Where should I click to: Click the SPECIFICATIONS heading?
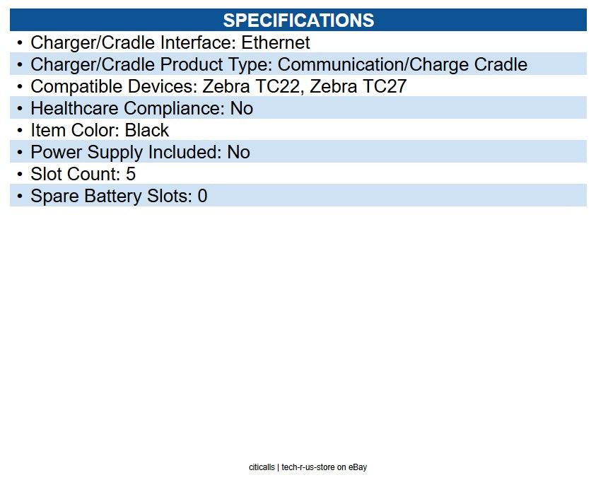coord(298,20)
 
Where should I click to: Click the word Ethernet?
coord(276,42)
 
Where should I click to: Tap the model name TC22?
coord(279,86)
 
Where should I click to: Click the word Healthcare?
coord(75,108)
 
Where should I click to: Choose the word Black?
coord(147,130)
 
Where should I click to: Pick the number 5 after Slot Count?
coord(131,174)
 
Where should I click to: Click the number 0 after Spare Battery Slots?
coord(202,196)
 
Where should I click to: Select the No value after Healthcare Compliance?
coord(241,108)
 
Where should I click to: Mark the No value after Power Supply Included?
coord(238,152)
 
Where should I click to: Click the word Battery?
coord(115,196)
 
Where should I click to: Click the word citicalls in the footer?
coord(262,467)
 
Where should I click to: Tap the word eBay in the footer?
coord(358,467)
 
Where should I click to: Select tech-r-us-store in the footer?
coord(308,467)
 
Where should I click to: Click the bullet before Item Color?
coord(20,130)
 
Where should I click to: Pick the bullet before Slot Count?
coord(20,174)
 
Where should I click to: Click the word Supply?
coord(114,152)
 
